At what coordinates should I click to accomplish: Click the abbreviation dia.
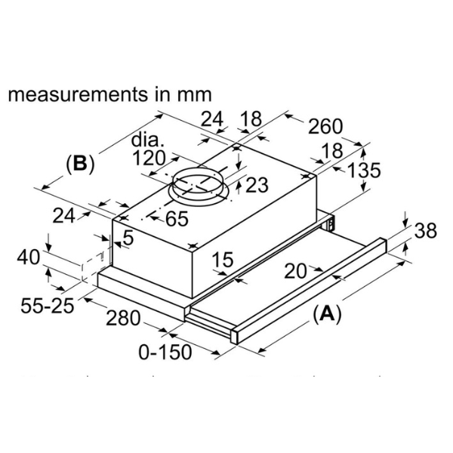point(148,140)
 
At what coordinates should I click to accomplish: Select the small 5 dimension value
point(128,237)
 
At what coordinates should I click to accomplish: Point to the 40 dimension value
point(28,257)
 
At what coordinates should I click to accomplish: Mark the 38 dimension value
point(426,231)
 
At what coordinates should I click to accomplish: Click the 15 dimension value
point(222,261)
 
